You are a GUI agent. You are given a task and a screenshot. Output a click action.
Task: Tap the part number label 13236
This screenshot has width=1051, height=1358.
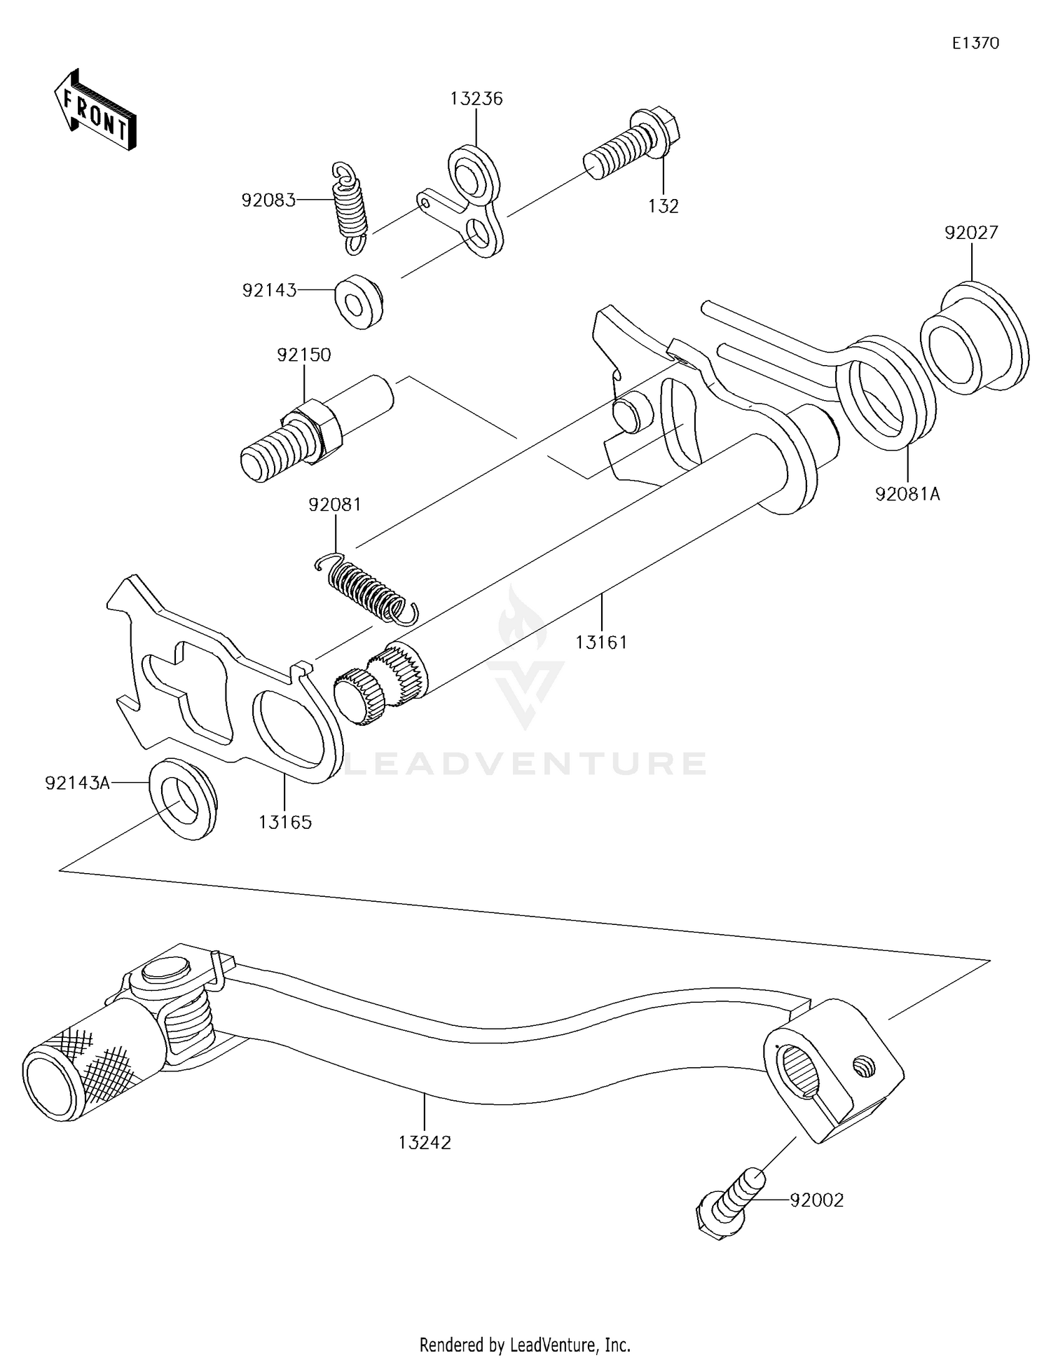(476, 99)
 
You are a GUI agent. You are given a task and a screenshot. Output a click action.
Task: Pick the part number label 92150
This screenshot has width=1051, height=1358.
(303, 355)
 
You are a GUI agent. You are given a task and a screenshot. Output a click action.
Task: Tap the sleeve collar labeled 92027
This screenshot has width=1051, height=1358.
(975, 339)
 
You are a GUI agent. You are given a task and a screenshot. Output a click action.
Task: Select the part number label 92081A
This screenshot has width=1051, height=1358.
(907, 494)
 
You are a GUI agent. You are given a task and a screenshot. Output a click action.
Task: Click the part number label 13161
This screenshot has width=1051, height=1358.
(601, 641)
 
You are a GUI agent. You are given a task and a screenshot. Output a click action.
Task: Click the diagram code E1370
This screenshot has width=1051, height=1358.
(975, 43)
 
